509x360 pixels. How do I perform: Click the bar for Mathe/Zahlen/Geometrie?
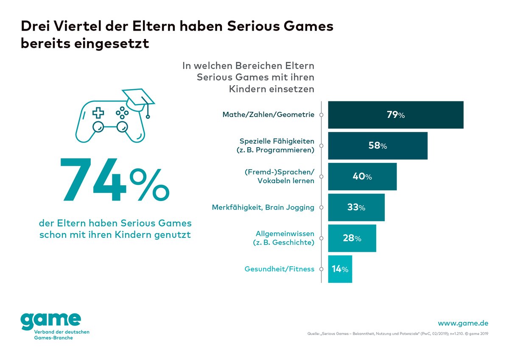(395, 115)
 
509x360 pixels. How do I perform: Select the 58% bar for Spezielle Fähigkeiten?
(378, 146)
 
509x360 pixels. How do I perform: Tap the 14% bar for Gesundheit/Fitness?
(340, 269)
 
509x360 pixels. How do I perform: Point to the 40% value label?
(362, 177)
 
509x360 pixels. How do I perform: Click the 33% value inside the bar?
(356, 208)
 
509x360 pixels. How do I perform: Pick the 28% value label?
(352, 238)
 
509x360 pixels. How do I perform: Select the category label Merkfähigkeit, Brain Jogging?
(263, 207)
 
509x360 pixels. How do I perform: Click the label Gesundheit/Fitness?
(280, 269)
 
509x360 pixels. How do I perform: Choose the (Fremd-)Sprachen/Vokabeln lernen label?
(280, 176)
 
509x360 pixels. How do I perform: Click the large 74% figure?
(115, 180)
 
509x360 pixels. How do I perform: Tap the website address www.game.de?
(463, 323)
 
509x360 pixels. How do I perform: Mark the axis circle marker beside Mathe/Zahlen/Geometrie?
(322, 115)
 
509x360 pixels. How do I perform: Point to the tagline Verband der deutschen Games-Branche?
(55, 335)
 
